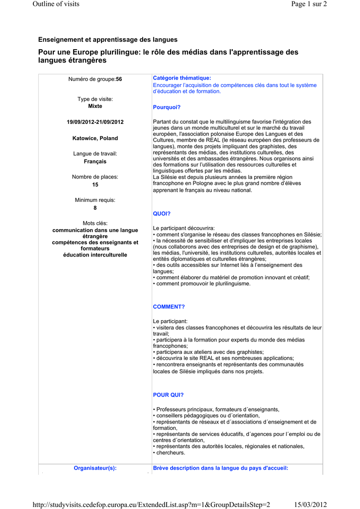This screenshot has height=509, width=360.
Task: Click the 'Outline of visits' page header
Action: coord(56,4)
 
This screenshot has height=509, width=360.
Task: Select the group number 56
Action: coord(119,79)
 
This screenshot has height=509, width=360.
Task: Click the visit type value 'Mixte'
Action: coord(95,106)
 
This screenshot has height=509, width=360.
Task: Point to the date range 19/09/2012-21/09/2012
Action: coord(95,122)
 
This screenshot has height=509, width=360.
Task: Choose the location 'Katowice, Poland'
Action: coord(95,138)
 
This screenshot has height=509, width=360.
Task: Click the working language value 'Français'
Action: coord(95,162)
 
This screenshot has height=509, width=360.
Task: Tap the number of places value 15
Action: coord(95,185)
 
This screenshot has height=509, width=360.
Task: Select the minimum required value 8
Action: coord(95,208)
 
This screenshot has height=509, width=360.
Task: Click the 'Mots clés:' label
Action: coord(95,223)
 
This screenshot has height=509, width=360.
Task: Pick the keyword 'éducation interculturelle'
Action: coord(95,255)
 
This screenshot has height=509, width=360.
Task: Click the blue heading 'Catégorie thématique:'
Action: coord(182,78)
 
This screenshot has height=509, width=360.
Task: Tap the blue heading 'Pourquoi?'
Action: coord(167,107)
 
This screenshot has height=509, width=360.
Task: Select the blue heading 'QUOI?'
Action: coord(162,214)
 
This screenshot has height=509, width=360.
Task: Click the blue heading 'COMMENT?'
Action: coord(169,307)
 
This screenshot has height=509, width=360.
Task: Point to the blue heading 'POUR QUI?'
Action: coord(168,395)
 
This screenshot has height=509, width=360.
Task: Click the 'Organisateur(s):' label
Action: coord(95,468)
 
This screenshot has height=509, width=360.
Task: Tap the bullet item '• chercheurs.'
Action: coord(169,453)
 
